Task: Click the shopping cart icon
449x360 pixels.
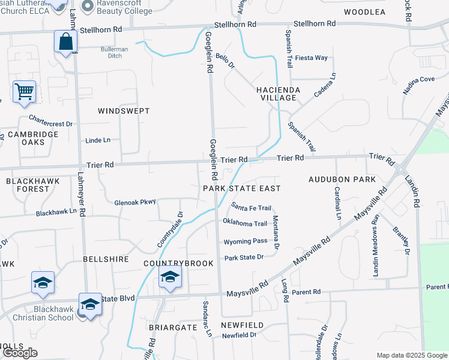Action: tap(24, 92)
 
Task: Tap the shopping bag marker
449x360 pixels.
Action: tap(65, 42)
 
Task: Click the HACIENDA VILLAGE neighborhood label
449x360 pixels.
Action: tap(277, 93)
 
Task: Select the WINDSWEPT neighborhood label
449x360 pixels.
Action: tap(123, 111)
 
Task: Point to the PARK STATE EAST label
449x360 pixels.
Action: tap(242, 188)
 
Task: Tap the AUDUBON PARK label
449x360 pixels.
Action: tap(342, 179)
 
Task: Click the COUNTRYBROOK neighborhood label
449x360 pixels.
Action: tap(170, 263)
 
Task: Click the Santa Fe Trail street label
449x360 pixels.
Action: tap(252, 208)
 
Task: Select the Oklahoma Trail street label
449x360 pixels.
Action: tap(245, 224)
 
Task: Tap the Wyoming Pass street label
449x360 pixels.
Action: tap(245, 241)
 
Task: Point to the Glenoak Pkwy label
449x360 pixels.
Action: tap(135, 202)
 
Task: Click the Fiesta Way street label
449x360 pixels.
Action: tap(313, 58)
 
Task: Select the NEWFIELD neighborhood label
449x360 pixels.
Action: tap(242, 325)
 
